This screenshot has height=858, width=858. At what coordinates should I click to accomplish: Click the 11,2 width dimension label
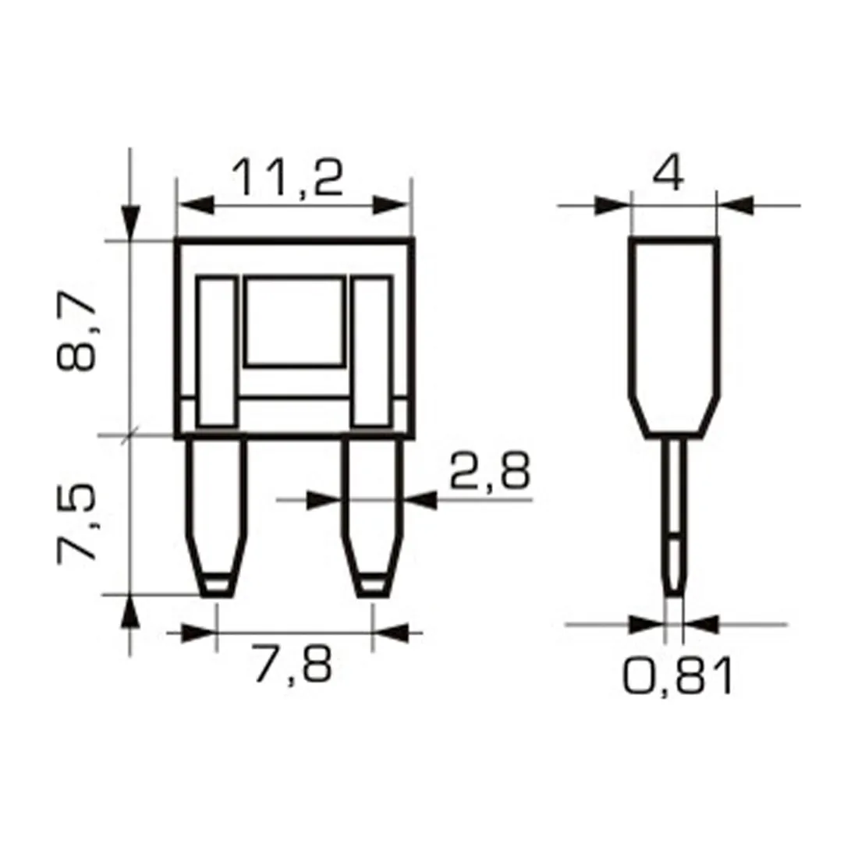(287, 178)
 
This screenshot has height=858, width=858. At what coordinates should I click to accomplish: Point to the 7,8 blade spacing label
(293, 663)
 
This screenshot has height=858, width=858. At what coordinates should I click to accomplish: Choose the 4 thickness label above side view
(668, 173)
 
